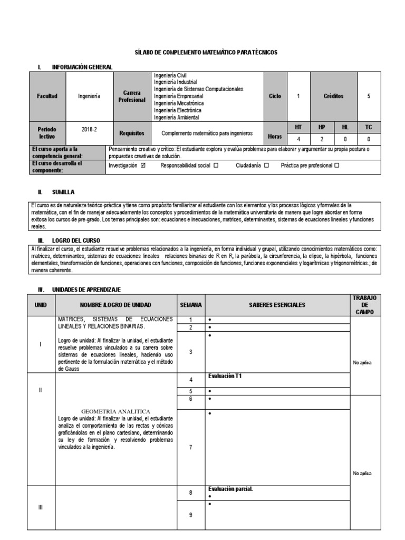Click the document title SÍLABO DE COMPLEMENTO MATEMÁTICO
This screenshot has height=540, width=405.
(x=205, y=53)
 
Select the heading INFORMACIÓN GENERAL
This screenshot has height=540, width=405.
(x=82, y=67)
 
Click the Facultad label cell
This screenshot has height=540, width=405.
(x=47, y=97)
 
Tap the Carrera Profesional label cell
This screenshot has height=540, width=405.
(x=132, y=97)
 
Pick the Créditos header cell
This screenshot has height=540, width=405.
(x=333, y=97)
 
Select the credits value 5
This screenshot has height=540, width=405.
(x=368, y=97)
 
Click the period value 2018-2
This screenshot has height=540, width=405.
(x=90, y=129)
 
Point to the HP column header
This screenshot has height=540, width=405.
(x=322, y=127)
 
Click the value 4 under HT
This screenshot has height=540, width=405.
(x=298, y=140)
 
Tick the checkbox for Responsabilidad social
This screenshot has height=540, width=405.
(x=216, y=166)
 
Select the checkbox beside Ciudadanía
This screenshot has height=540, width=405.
(x=266, y=166)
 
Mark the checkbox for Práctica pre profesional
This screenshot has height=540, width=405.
(x=337, y=166)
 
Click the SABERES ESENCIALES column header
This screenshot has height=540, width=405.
(x=277, y=305)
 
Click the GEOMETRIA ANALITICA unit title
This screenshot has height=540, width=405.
(x=116, y=411)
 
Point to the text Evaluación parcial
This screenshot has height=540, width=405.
(x=230, y=489)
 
